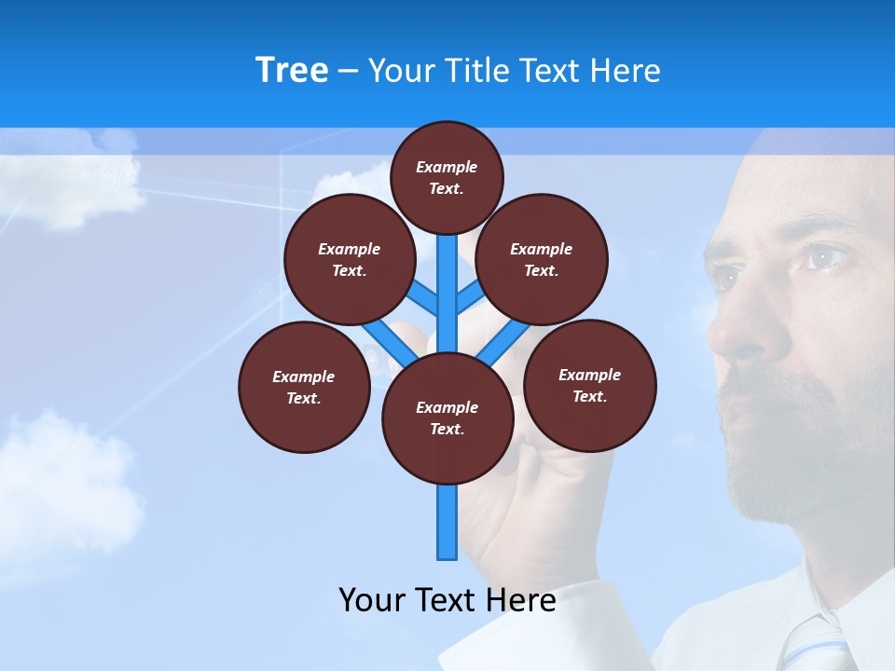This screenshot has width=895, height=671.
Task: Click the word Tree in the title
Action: tap(292, 71)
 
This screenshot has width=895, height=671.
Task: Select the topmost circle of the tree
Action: tap(447, 177)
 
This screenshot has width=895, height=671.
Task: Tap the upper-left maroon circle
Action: tap(350, 259)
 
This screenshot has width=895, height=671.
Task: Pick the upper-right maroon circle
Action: tap(542, 259)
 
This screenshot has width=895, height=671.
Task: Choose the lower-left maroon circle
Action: tap(304, 387)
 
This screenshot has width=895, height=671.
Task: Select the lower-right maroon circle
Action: tap(590, 385)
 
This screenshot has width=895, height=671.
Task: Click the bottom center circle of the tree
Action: tap(447, 418)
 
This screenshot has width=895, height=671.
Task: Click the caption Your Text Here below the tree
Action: tap(447, 600)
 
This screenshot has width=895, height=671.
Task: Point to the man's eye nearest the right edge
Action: tap(825, 256)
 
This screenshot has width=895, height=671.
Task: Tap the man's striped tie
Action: tap(811, 643)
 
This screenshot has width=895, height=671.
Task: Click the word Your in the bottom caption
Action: tap(372, 600)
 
